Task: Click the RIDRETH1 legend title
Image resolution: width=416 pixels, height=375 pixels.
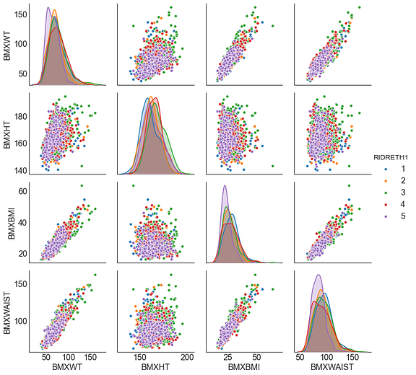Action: tap(391, 156)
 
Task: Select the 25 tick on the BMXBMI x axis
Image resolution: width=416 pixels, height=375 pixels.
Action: tap(227, 357)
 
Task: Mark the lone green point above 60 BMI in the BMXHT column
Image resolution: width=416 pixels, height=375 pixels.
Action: tap(132, 186)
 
